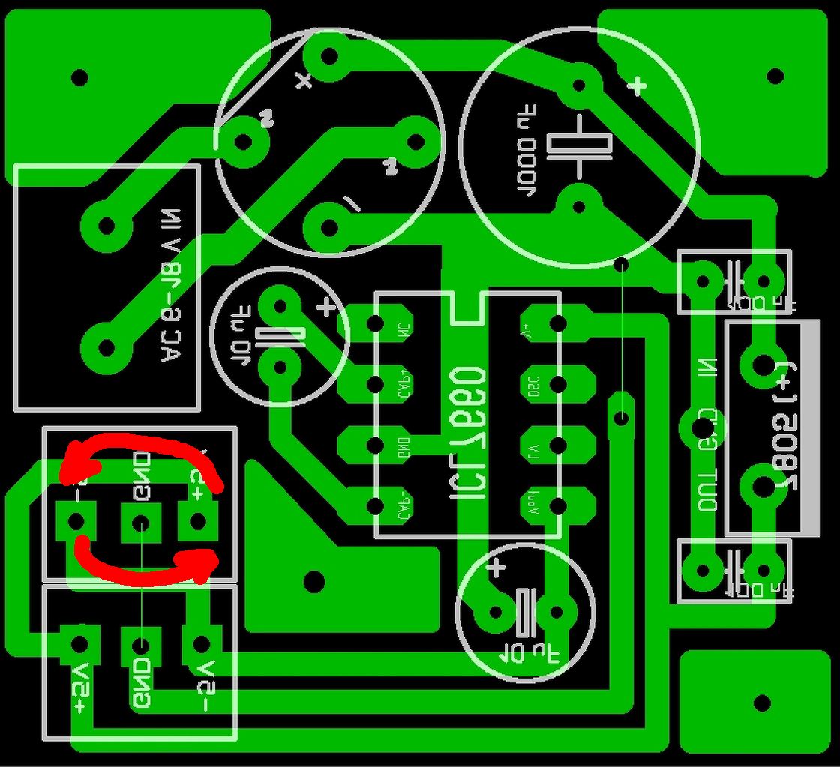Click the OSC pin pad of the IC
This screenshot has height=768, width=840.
(x=556, y=385)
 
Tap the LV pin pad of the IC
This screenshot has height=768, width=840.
(x=556, y=446)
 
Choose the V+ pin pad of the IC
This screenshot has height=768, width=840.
(x=556, y=324)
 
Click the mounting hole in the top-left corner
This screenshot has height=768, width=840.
(x=79, y=76)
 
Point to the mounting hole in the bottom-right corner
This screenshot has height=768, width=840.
(x=762, y=703)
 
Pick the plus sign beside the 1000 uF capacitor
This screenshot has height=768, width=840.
(x=636, y=87)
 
